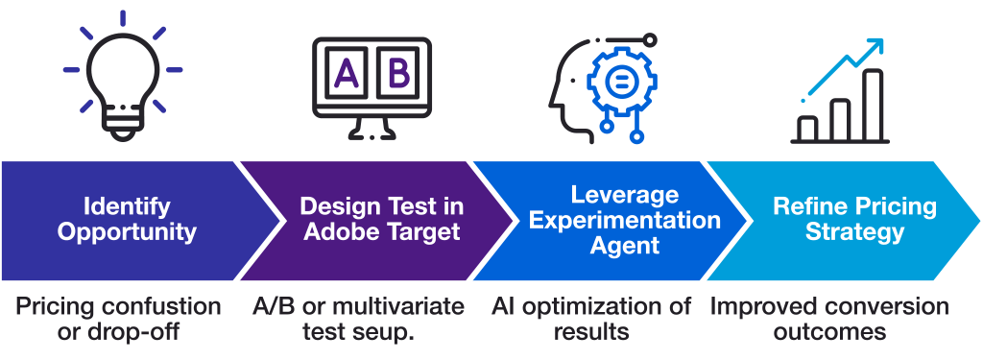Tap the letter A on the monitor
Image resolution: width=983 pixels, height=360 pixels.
tap(347, 74)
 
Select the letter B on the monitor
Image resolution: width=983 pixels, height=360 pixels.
tap(397, 74)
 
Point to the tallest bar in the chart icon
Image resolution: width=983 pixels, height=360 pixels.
tap(873, 104)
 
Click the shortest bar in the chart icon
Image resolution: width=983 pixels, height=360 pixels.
tap(808, 129)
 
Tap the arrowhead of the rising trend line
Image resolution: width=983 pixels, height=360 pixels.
tap(875, 47)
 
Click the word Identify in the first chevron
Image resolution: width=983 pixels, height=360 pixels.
tap(127, 206)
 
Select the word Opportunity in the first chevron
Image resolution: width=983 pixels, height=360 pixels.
tap(127, 231)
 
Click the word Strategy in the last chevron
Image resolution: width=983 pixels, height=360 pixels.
tap(854, 231)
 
